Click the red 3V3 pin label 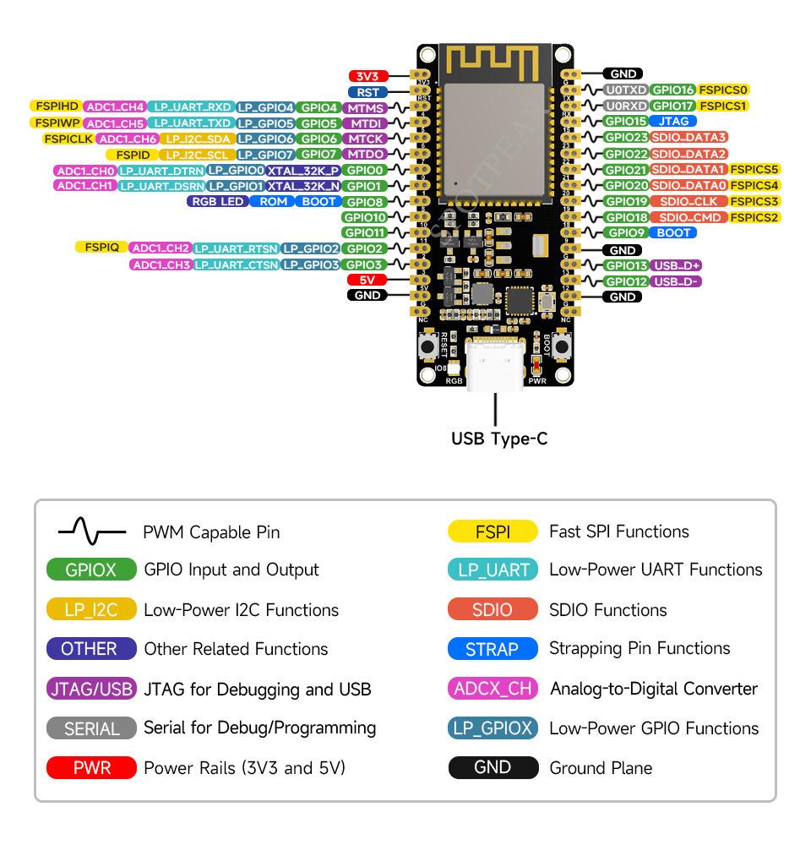click(367, 75)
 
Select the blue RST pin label click(367, 92)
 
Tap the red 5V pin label click(367, 280)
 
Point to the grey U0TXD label click(625, 90)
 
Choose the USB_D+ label click(677, 265)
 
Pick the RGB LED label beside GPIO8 click(217, 201)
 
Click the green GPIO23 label click(626, 137)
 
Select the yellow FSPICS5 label click(754, 169)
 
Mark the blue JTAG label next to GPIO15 click(673, 121)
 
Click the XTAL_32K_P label click(303, 171)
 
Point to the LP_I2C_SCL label click(196, 155)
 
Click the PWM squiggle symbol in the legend click(91, 532)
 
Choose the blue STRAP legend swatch click(493, 649)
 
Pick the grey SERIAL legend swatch click(91, 728)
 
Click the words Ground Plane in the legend click(601, 768)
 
